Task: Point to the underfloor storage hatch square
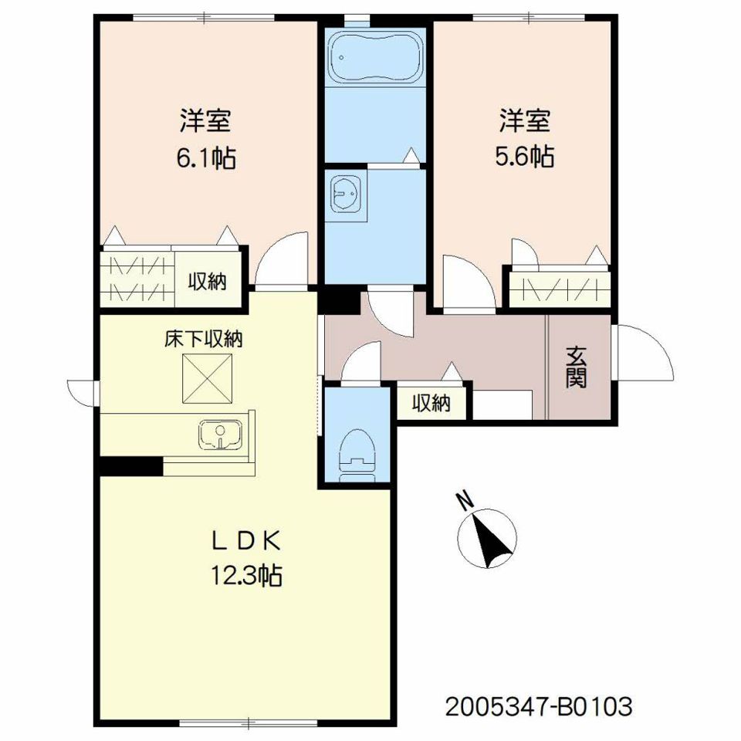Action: pos(208,378)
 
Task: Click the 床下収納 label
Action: pos(204,340)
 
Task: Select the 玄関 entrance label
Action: pos(577,367)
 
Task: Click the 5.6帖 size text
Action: pos(525,156)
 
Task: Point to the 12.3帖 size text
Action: pos(245,575)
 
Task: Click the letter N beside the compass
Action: pos(466,501)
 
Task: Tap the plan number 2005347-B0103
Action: pos(539,707)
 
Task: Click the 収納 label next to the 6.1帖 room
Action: pos(208,282)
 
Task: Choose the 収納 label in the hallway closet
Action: pos(431,403)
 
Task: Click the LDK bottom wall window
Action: pos(249,722)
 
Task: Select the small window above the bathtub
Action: pos(357,20)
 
